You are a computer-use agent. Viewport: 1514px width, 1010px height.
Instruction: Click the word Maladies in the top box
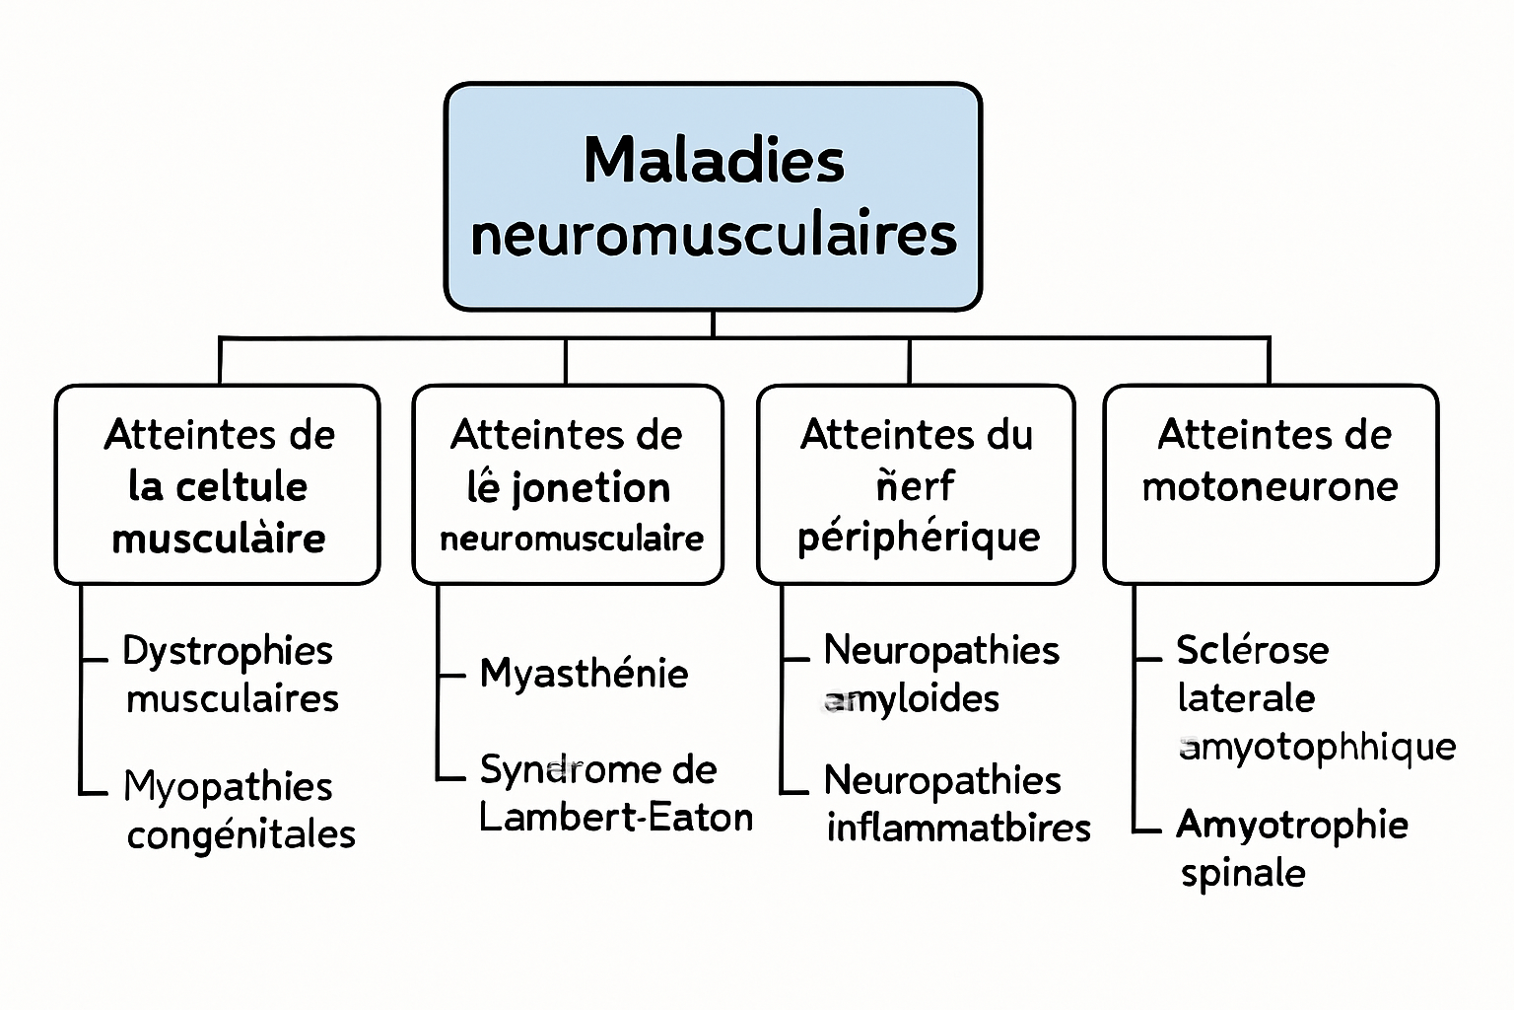click(714, 160)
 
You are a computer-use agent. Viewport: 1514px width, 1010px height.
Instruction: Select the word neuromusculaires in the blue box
click(714, 236)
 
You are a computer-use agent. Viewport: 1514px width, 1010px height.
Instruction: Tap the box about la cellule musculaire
click(218, 484)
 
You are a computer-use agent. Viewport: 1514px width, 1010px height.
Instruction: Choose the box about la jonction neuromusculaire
click(568, 484)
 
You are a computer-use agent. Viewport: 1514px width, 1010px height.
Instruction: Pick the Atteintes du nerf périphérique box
click(916, 484)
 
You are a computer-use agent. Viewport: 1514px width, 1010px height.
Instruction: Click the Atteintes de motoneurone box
click(1271, 484)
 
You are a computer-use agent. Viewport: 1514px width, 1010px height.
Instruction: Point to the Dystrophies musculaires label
click(231, 675)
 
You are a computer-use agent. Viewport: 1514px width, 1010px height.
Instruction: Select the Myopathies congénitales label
click(239, 810)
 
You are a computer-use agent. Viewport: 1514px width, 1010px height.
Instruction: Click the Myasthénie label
click(584, 674)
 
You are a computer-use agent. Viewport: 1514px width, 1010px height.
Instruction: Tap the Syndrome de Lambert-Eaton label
click(615, 793)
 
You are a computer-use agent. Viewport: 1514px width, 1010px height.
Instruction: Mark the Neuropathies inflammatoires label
click(957, 804)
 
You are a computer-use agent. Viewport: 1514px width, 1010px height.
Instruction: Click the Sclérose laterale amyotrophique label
click(1315, 698)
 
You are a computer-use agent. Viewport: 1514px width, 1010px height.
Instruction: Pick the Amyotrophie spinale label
click(1291, 848)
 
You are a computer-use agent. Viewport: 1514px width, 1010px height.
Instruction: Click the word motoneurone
click(1270, 486)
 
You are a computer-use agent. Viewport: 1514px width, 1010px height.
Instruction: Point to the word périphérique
click(919, 538)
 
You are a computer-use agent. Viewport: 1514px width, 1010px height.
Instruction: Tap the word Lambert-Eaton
click(615, 818)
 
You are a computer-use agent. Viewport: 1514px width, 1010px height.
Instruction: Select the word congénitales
click(241, 834)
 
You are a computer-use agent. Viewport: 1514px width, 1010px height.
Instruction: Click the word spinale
click(1243, 873)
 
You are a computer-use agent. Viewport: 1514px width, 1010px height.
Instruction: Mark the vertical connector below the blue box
click(713, 325)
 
